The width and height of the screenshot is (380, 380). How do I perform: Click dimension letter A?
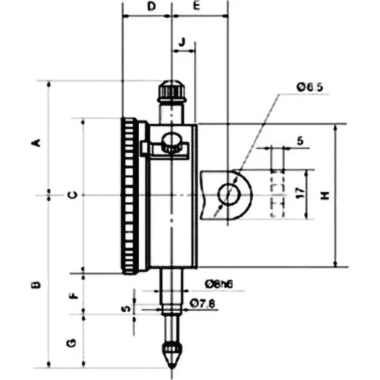[35, 142]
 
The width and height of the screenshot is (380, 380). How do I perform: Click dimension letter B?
[35, 285]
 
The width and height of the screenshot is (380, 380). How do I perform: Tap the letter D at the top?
[151, 6]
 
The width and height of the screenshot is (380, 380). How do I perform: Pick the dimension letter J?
[182, 42]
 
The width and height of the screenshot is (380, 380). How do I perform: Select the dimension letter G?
[71, 342]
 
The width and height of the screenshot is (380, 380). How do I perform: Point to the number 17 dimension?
[299, 192]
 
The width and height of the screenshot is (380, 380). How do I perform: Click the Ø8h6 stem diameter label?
[218, 284]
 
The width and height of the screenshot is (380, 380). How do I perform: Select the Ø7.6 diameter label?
[203, 303]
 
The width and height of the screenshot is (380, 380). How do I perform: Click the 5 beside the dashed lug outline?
[299, 141]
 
